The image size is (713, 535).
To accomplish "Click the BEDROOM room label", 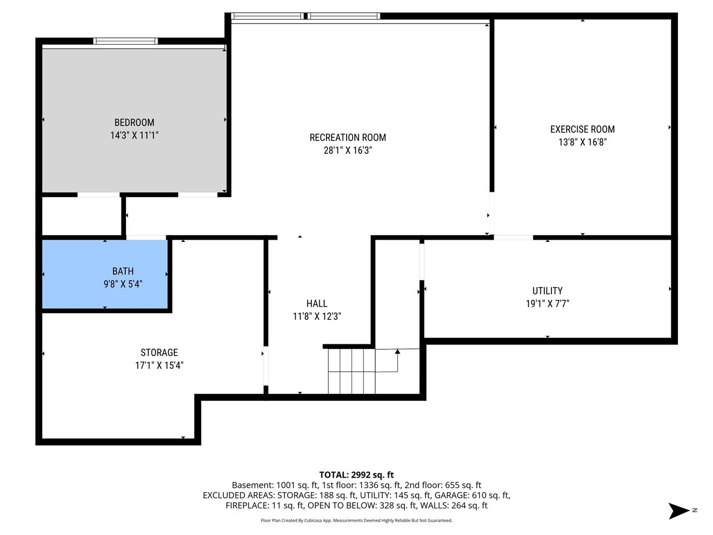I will pyautogui.click(x=134, y=123).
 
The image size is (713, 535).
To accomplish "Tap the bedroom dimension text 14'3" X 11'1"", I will pyautogui.click(x=134, y=135).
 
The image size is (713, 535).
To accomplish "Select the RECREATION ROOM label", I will pyautogui.click(x=348, y=138).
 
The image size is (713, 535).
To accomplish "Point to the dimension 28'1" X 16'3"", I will pyautogui.click(x=348, y=150).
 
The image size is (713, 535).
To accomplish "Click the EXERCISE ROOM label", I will pyautogui.click(x=582, y=129).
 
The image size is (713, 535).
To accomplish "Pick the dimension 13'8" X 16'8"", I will pyautogui.click(x=582, y=142).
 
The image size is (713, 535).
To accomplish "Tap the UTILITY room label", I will pyautogui.click(x=547, y=291).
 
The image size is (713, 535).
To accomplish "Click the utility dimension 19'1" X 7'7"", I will pyautogui.click(x=547, y=304).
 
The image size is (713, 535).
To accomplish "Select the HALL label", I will pyautogui.click(x=316, y=304).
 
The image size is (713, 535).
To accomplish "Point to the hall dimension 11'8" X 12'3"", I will pyautogui.click(x=316, y=317).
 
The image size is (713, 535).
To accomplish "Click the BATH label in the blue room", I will pyautogui.click(x=123, y=271).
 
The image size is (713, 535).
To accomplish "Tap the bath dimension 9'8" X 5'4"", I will pyautogui.click(x=123, y=284).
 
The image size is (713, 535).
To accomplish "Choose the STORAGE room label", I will pyautogui.click(x=159, y=353).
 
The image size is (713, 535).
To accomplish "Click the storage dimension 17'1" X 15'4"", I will pyautogui.click(x=159, y=366).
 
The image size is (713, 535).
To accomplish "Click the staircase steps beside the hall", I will pyautogui.click(x=351, y=371).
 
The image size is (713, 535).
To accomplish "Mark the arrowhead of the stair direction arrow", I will pyautogui.click(x=397, y=352).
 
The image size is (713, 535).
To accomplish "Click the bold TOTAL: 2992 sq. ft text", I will pyautogui.click(x=356, y=475).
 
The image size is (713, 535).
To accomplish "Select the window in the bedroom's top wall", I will pyautogui.click(x=125, y=41).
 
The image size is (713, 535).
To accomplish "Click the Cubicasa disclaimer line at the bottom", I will pyautogui.click(x=356, y=521).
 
